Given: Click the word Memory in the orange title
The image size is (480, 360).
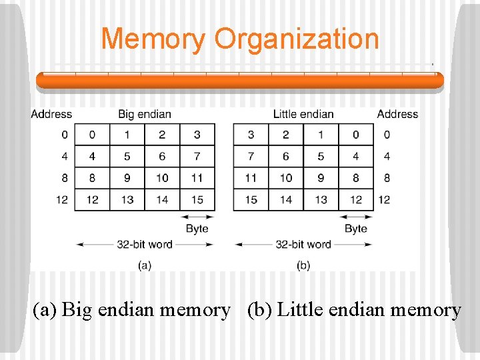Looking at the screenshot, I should pyautogui.click(x=153, y=39).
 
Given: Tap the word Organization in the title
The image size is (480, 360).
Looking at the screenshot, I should pyautogui.click(x=297, y=39).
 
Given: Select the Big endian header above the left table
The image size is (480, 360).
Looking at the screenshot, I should pyautogui.click(x=145, y=114).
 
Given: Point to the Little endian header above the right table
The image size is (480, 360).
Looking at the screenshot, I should pyautogui.click(x=303, y=114).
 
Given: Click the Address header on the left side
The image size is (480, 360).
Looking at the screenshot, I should pyautogui.click(x=51, y=114).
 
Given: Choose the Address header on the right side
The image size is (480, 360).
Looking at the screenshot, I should pyautogui.click(x=397, y=114).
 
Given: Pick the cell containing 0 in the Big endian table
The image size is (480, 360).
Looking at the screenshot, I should pyautogui.click(x=92, y=135).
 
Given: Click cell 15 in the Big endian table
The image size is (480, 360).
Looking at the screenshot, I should pyautogui.click(x=197, y=199).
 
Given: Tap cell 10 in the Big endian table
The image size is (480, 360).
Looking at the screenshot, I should pyautogui.click(x=162, y=178).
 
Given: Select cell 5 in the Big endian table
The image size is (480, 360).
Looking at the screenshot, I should pyautogui.click(x=127, y=156).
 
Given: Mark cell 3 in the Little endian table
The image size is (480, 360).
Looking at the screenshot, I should pyautogui.click(x=251, y=135).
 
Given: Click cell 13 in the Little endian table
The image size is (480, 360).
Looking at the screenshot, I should pyautogui.click(x=321, y=199).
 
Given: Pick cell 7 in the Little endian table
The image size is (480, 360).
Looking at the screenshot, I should pyautogui.click(x=251, y=156).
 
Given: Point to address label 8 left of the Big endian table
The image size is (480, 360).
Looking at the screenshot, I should pyautogui.click(x=64, y=178).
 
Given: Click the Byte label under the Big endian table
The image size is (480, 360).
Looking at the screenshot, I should pyautogui.click(x=197, y=229).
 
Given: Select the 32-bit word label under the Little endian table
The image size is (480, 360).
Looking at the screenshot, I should pyautogui.click(x=303, y=244).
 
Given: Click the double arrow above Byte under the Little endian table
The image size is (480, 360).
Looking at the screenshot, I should pyautogui.click(x=355, y=216).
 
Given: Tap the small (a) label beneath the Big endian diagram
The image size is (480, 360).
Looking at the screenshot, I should pyautogui.click(x=145, y=265).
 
